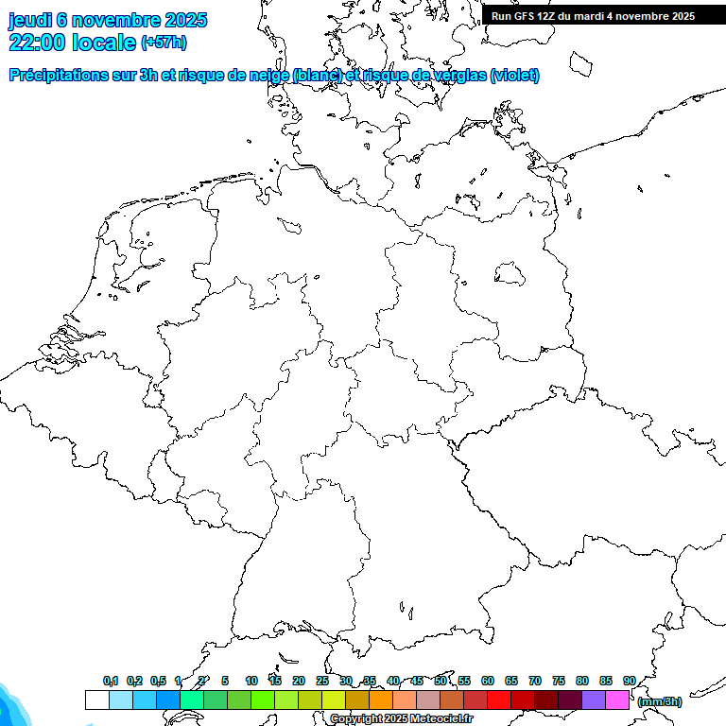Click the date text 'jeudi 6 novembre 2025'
(108, 20)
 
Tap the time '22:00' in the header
(37, 42)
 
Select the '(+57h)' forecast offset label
(163, 43)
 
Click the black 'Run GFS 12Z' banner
(594, 15)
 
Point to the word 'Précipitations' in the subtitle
(56, 76)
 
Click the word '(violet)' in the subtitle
(515, 76)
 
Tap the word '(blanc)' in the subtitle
(318, 76)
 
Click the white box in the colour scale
(96, 700)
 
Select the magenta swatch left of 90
(617, 700)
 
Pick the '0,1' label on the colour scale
(111, 681)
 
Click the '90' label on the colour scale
(629, 681)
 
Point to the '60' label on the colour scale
(488, 681)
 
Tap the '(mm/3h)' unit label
(660, 701)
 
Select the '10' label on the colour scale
(251, 681)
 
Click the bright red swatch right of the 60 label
(499, 700)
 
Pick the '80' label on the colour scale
(582, 681)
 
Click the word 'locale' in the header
(103, 42)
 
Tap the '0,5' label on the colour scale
(158, 681)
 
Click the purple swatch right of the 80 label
(594, 700)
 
